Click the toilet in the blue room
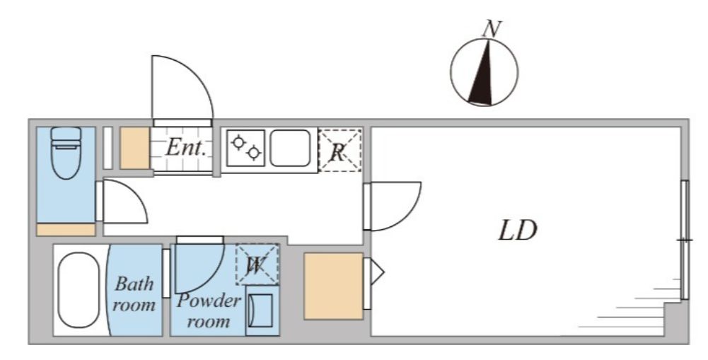coord(66,152)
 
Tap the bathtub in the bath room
coord(79,289)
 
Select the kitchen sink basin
coord(290,148)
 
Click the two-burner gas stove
coord(245,148)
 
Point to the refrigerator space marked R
coord(340,151)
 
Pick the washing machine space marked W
coord(257,265)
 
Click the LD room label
coord(518,231)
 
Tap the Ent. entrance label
coord(185,147)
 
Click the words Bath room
coord(134,294)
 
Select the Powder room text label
coord(209,310)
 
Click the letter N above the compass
coord(492,29)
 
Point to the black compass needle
coord(482,72)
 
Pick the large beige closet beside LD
coord(334,286)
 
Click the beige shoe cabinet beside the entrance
coord(134,148)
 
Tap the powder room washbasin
coord(262,310)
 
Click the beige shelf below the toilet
coord(66,229)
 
